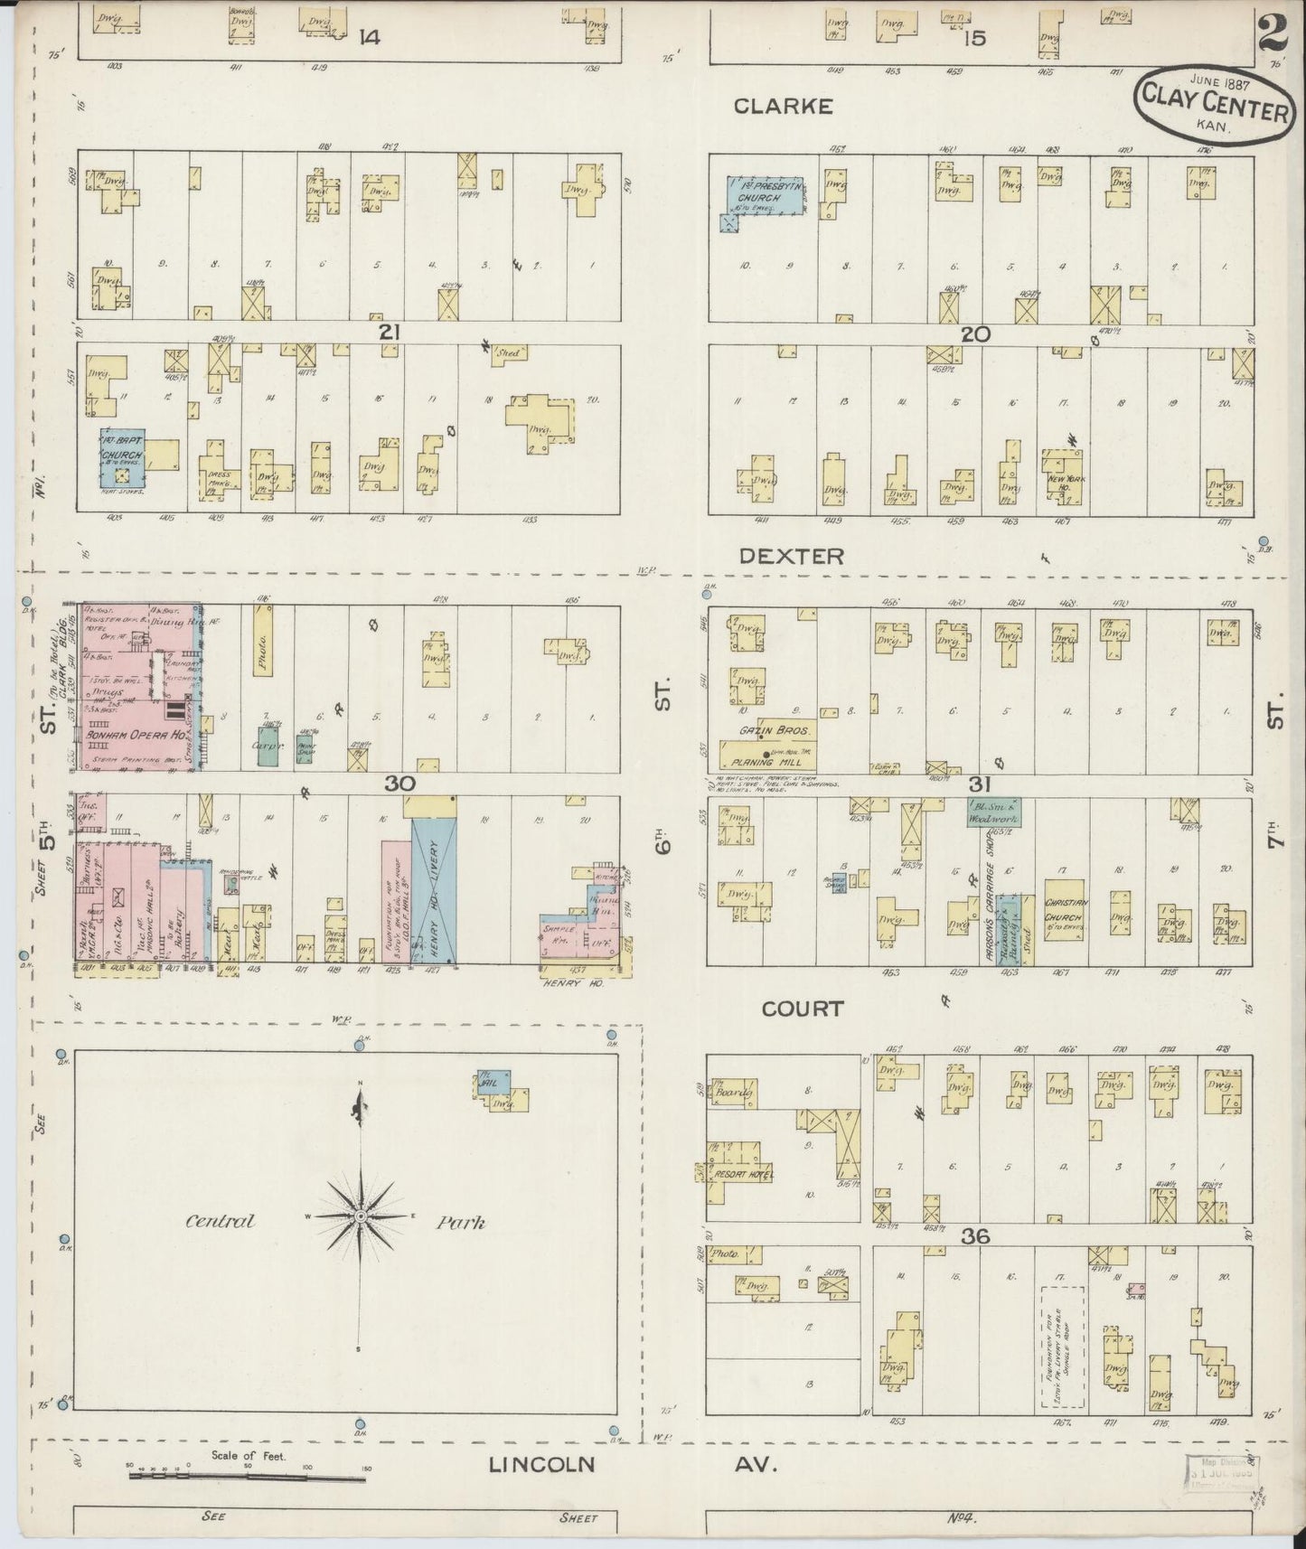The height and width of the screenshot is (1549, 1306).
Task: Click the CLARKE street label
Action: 783,107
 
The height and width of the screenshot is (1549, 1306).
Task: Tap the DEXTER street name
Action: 791,557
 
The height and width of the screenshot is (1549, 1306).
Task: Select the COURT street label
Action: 802,1009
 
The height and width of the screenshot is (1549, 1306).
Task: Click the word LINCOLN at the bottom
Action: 542,1465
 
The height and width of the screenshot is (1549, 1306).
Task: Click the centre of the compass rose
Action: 360,1217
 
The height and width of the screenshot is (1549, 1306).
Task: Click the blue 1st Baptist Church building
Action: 122,458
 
